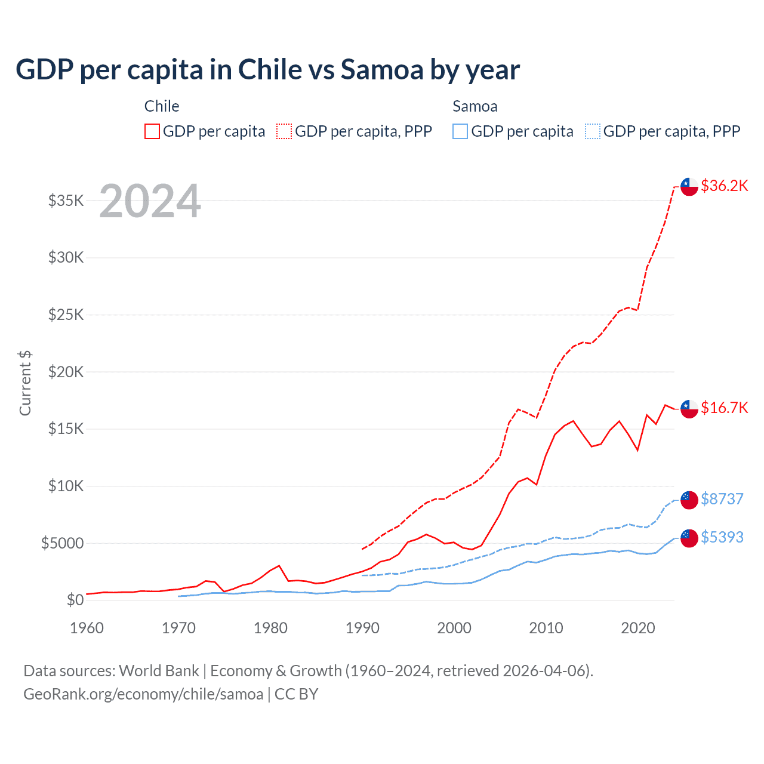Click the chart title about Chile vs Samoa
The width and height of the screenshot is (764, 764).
pyautogui.click(x=267, y=70)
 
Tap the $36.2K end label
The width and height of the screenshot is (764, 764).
pyautogui.click(x=724, y=186)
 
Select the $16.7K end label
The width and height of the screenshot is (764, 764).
pyautogui.click(x=724, y=408)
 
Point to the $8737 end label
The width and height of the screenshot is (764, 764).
pyautogui.click(x=722, y=499)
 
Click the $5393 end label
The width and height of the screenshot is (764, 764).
pyautogui.click(x=722, y=537)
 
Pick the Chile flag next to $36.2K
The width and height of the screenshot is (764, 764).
pyautogui.click(x=689, y=186)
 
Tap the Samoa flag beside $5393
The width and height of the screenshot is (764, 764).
pyautogui.click(x=689, y=538)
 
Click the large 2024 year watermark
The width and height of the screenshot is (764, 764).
pyautogui.click(x=150, y=201)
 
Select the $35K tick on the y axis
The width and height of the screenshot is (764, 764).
pyautogui.click(x=66, y=201)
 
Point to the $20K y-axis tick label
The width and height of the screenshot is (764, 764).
pyautogui.click(x=66, y=372)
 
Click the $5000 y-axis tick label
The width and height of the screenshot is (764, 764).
pyautogui.click(x=63, y=543)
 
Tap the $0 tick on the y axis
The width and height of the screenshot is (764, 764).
pyautogui.click(x=75, y=600)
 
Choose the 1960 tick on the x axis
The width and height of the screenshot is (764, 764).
pyautogui.click(x=87, y=628)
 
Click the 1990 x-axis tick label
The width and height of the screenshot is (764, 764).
pyautogui.click(x=362, y=628)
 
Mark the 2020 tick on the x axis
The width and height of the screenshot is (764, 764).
pyautogui.click(x=638, y=628)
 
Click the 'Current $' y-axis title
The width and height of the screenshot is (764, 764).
pyautogui.click(x=25, y=383)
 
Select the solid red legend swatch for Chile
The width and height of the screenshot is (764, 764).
pyautogui.click(x=152, y=131)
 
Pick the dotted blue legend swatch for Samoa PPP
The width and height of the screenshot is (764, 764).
pyautogui.click(x=593, y=131)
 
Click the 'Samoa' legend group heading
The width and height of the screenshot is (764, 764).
pyautogui.click(x=475, y=106)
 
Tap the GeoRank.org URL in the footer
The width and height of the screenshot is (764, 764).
pyautogui.click(x=143, y=694)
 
